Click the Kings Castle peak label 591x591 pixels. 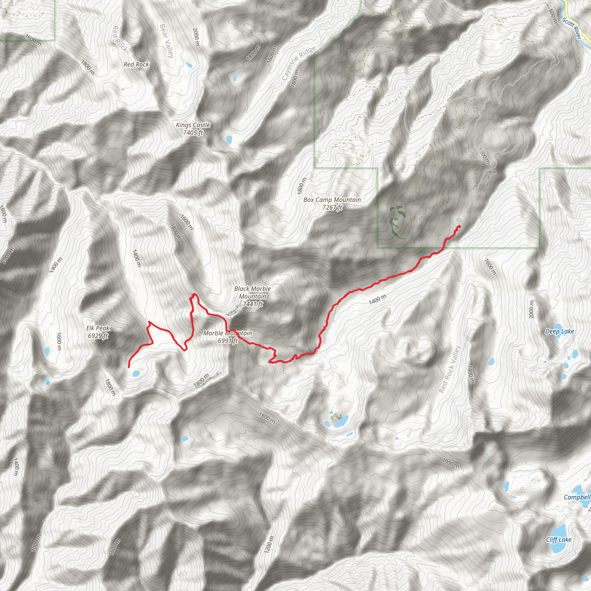click(x=193, y=129)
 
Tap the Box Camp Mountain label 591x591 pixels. click(x=332, y=203)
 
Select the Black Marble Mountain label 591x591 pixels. click(x=253, y=296)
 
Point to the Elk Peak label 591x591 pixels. click(x=98, y=332)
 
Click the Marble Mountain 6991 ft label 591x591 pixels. click(x=228, y=337)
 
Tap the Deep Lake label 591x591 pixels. click(x=560, y=331)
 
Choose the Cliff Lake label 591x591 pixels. click(x=559, y=540)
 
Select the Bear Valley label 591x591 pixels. click(x=167, y=41)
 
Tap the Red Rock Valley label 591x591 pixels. click(x=449, y=369)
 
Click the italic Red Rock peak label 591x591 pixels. click(x=136, y=65)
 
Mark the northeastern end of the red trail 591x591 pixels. click(x=459, y=226)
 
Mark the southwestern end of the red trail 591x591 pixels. click(x=129, y=366)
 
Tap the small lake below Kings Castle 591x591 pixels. click(x=229, y=140)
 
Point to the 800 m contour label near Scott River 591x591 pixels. click(x=553, y=16)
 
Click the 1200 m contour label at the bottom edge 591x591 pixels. click(x=269, y=545)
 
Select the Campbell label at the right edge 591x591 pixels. click(x=577, y=497)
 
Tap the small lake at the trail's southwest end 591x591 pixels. click(x=136, y=373)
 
